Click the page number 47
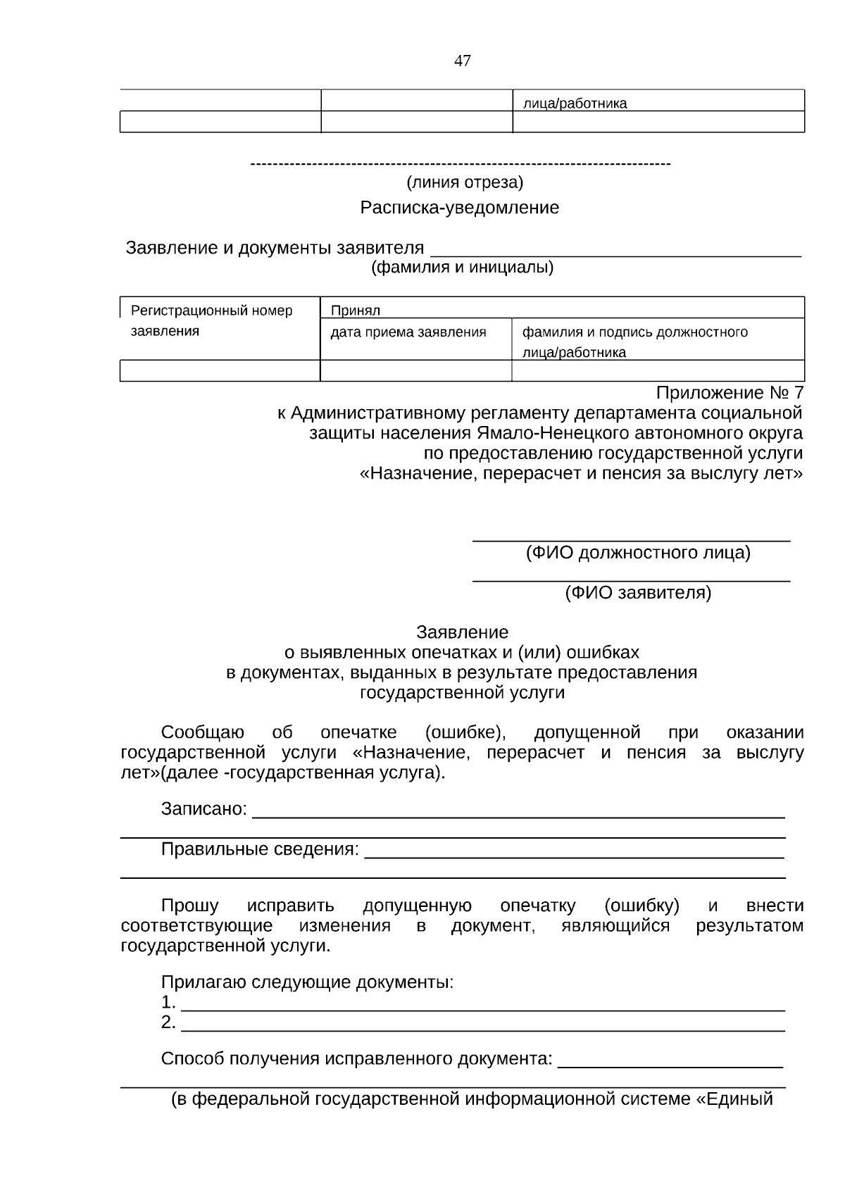coord(462,61)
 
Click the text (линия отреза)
coord(465,183)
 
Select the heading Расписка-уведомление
coord(459,208)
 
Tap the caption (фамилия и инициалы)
coord(462,268)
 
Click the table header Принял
coord(355,311)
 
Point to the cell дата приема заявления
coord(408,332)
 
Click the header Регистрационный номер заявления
coord(211,320)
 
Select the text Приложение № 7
coord(729,392)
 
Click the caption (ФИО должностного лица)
coord(638,553)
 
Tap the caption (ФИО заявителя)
coord(638,593)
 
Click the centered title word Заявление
coord(462,632)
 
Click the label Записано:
coord(204,809)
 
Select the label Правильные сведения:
coord(260,849)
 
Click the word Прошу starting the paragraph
coord(189,906)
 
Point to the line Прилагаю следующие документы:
coord(307,982)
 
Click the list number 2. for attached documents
coord(168,1022)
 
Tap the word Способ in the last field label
coord(192,1058)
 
